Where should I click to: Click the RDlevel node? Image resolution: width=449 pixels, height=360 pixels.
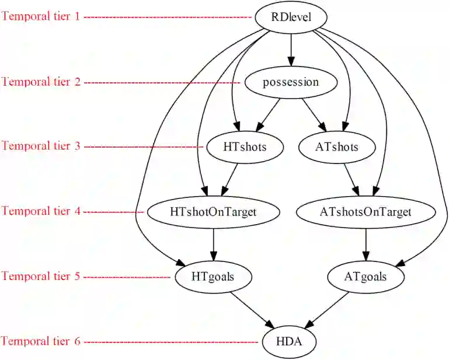tap(291, 17)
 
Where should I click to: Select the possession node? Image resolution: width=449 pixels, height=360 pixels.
tap(291, 82)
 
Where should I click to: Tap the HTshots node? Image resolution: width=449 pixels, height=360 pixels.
tap(245, 146)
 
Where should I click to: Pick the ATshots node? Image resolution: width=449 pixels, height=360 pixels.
tap(337, 146)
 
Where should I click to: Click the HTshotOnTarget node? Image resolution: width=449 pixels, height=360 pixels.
tap(214, 211)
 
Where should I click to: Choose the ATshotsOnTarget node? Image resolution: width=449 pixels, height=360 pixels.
tap(366, 211)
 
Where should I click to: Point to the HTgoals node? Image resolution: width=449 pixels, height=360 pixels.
tap(213, 276)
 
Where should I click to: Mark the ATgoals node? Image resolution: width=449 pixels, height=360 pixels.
tap(366, 276)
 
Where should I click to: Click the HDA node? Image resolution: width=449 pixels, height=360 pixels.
tap(290, 341)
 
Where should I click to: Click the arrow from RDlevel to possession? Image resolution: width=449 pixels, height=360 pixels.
tap(291, 49)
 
